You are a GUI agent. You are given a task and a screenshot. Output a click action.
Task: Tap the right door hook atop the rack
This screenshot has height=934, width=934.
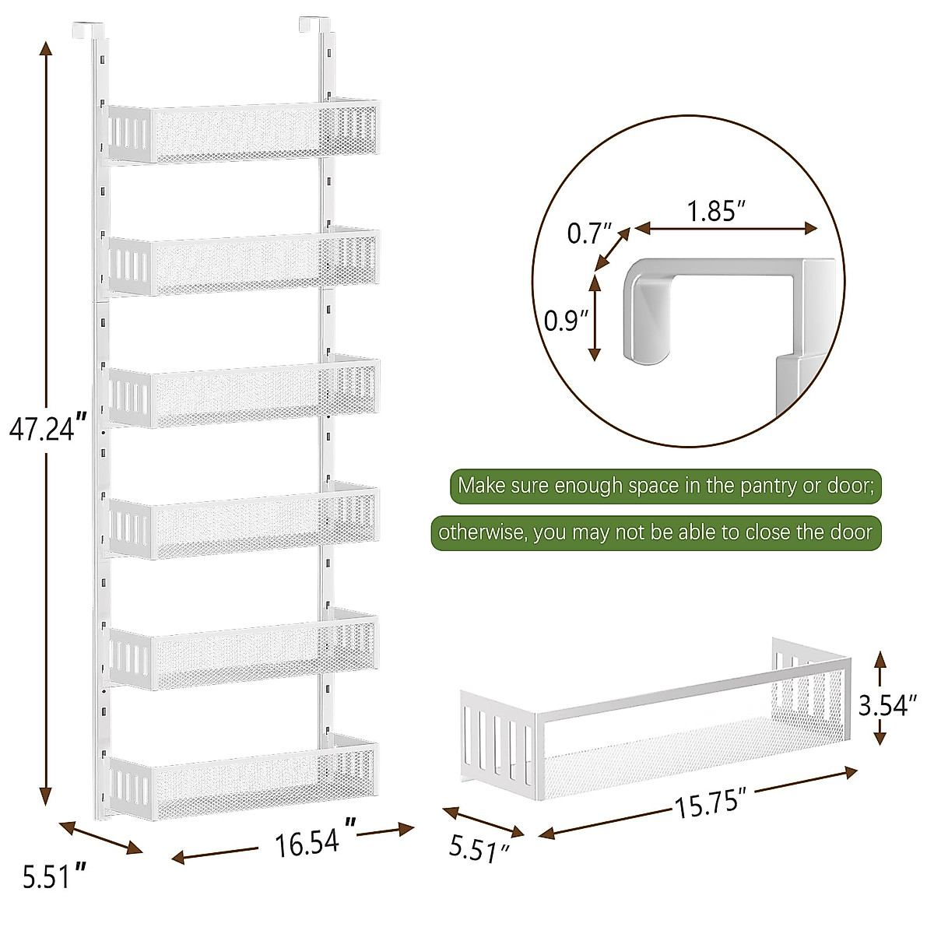(x=312, y=26)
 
